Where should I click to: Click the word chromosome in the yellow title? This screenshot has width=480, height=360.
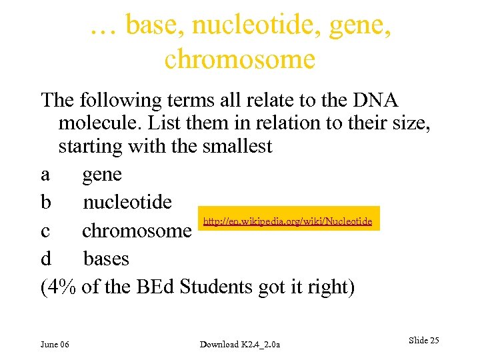239,59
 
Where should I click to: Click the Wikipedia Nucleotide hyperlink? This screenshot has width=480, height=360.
287,221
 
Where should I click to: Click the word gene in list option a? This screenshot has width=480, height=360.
102,175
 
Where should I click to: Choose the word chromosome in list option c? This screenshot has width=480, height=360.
137,231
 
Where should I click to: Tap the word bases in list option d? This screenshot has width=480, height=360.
106,258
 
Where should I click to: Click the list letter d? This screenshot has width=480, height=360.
45,258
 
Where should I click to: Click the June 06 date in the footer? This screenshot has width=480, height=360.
55,344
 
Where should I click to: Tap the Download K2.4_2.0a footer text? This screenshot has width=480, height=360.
240,344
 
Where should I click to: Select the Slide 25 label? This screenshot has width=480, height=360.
423,341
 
